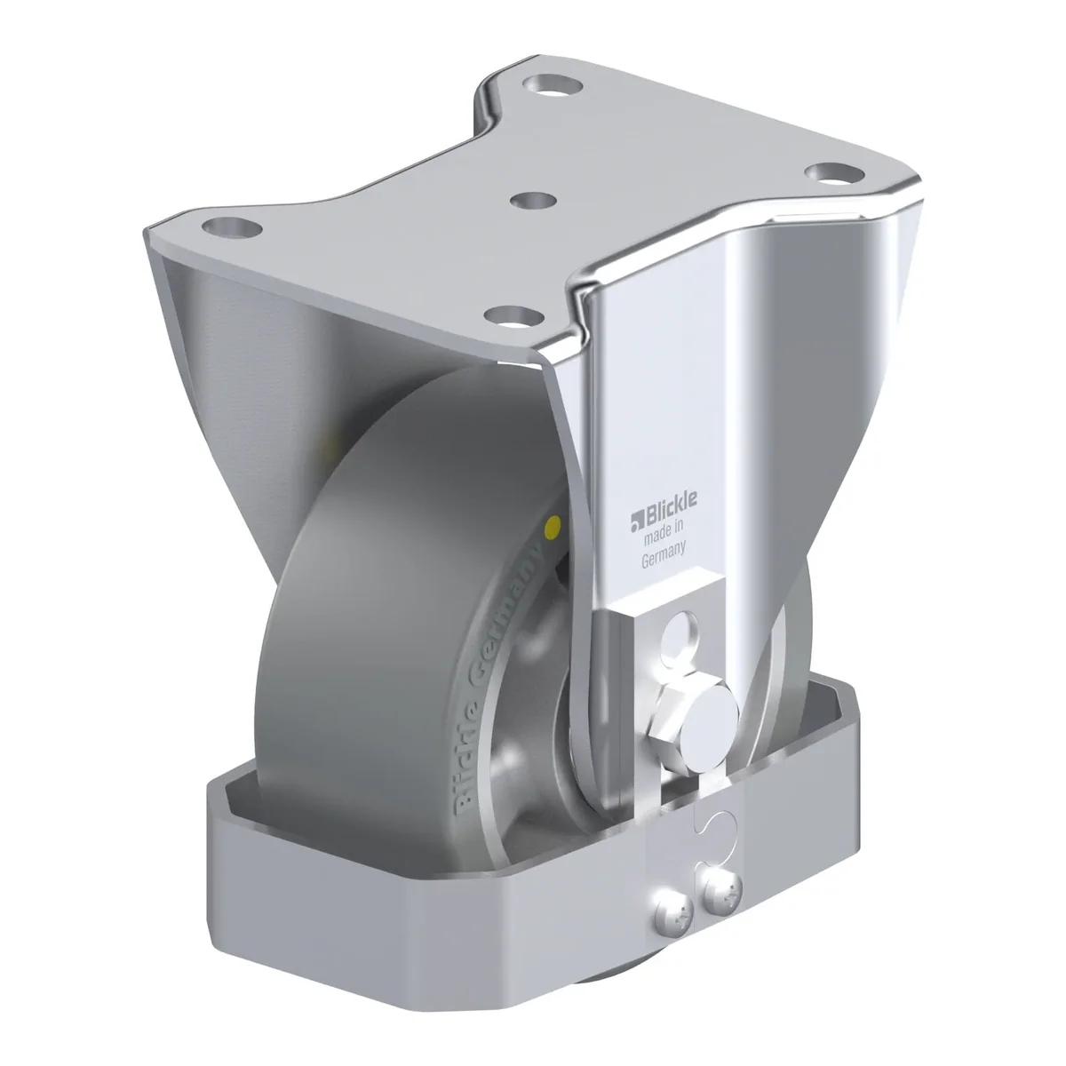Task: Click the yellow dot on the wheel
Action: pos(552,528)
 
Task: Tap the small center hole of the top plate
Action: pos(533,200)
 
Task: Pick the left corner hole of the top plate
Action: pos(232,227)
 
